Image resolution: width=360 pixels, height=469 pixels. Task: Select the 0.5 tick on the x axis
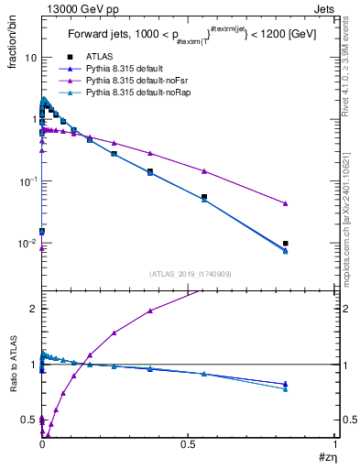189,446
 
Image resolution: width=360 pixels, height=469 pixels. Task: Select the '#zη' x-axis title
327,457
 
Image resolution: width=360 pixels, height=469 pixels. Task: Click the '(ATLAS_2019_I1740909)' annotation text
189,274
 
